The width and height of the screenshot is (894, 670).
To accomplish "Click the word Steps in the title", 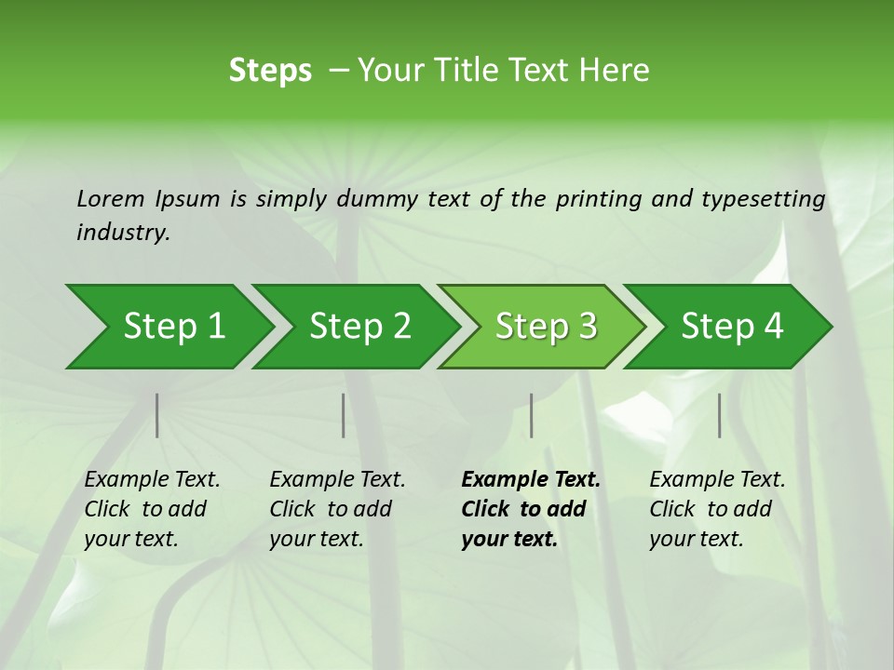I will coord(270,71).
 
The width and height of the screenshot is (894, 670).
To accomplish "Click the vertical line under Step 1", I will coord(157,415).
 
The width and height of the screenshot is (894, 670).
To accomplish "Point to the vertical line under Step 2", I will coord(344,415).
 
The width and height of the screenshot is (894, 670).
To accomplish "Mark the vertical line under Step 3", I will coord(532,415).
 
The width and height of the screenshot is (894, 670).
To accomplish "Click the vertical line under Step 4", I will coord(720,415).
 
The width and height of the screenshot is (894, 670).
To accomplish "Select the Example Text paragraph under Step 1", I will coord(152,509).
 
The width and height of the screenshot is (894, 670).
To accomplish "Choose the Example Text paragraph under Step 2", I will coord(337,509).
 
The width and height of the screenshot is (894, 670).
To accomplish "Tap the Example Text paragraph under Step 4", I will coord(717,509).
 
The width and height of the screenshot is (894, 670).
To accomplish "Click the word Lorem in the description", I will coord(111,198).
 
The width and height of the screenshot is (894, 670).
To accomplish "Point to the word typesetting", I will coord(763,199).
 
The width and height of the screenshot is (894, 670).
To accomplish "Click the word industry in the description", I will coord(122,233).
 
